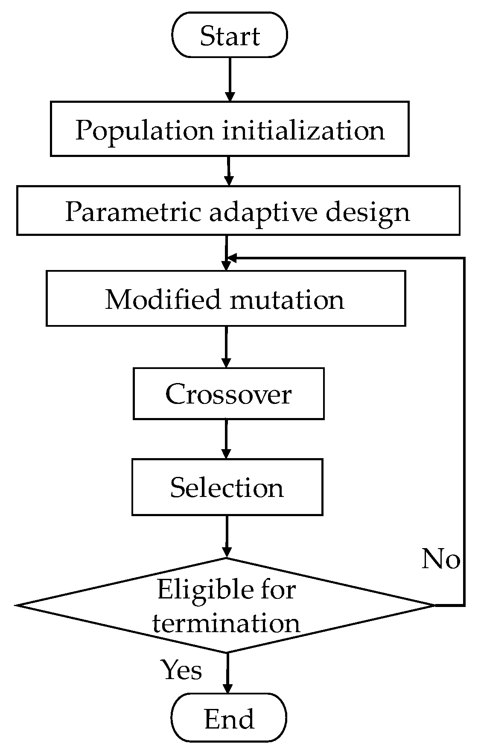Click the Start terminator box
(x=230, y=35)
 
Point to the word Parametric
(x=133, y=211)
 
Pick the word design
(x=367, y=212)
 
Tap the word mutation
(x=287, y=300)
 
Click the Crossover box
(x=228, y=394)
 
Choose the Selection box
(x=227, y=487)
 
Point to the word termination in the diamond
(x=226, y=623)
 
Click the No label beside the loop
(x=440, y=558)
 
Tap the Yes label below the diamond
(x=181, y=670)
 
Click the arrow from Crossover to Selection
(x=226, y=439)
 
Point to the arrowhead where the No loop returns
(x=231, y=258)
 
